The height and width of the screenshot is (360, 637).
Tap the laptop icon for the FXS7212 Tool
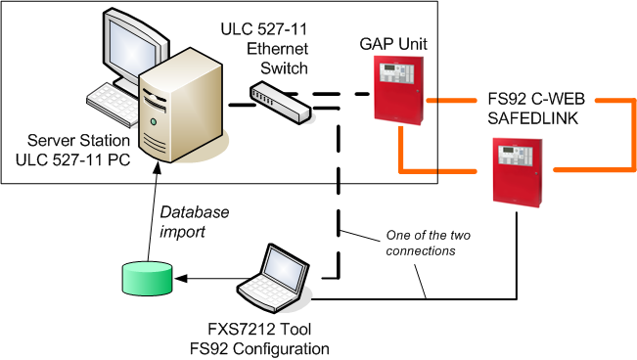[274, 277]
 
